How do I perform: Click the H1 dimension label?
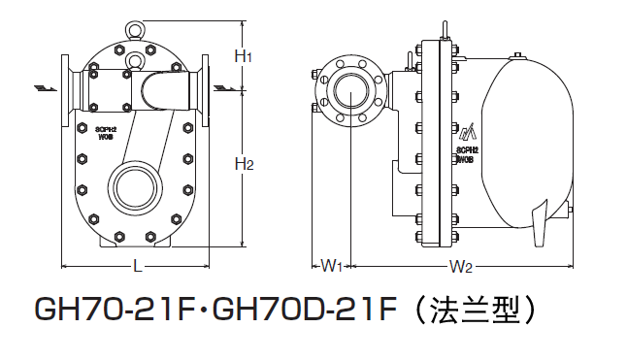243,56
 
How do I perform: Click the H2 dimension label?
245,164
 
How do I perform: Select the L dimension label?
138,266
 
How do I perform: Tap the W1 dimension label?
332,266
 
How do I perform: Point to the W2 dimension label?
461,266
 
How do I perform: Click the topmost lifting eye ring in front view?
134,29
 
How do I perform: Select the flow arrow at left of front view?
46,88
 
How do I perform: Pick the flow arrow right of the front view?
225,88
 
